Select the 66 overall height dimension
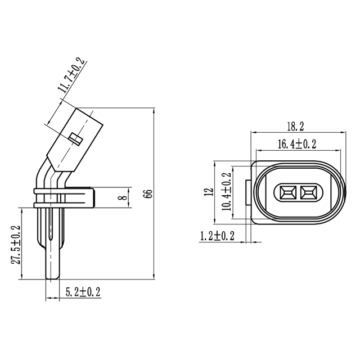tap(148, 194)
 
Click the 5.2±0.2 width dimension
tap(83, 292)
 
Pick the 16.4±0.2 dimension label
tap(296, 145)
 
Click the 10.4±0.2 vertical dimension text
tap(227, 191)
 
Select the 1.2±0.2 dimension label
tap(217, 236)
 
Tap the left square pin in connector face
tap(286, 193)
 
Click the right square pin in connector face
tap(309, 193)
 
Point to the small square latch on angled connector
tap(75, 138)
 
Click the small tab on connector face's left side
tap(248, 192)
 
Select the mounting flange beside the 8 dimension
tap(79, 197)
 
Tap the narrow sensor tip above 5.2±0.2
tap(52, 264)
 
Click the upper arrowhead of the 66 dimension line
tap(155, 111)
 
